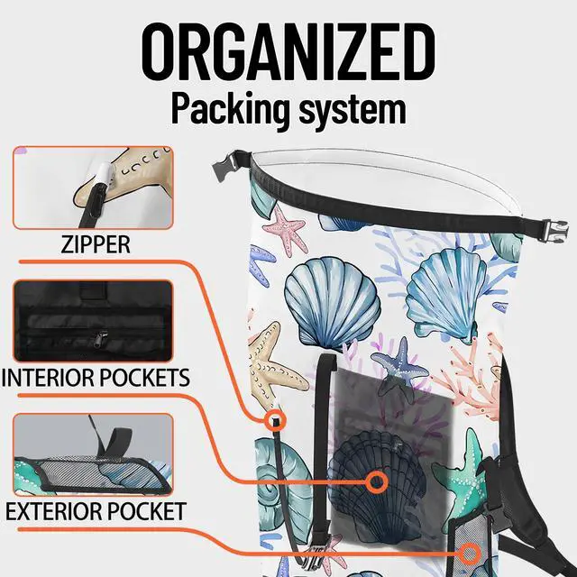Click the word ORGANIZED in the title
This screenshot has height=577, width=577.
[x=288, y=52]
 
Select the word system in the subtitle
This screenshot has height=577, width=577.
[x=353, y=110]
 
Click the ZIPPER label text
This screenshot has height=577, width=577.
[x=96, y=244]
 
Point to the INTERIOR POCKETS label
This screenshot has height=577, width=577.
[x=96, y=378]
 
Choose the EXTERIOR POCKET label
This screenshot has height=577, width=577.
[x=96, y=511]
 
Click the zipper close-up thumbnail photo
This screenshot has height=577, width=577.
[x=93, y=188]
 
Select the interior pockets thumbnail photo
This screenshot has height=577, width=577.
[x=93, y=321]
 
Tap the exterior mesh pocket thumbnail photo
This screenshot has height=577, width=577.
[x=93, y=454]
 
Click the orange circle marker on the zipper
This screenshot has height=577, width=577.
[x=275, y=419]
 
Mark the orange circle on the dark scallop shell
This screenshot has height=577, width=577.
[x=377, y=481]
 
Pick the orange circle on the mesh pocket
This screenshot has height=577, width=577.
[x=469, y=554]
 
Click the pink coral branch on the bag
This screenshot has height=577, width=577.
[x=475, y=379]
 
